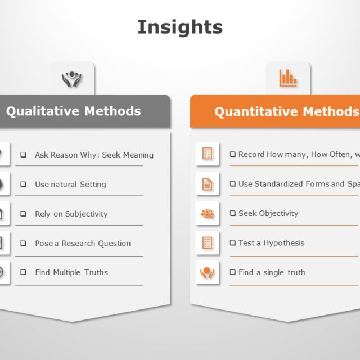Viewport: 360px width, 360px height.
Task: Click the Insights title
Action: click(180, 27)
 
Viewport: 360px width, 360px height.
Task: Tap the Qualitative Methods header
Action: click(74, 111)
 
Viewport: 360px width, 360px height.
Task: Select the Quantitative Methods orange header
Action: click(286, 111)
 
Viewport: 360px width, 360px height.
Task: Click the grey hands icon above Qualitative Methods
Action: click(72, 79)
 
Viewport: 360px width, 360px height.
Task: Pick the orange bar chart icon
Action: click(288, 78)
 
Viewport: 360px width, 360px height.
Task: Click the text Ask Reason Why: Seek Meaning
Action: click(94, 155)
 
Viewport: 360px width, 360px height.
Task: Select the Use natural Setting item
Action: click(70, 184)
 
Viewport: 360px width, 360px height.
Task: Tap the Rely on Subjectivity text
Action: click(71, 214)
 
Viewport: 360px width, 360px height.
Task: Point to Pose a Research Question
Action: click(83, 244)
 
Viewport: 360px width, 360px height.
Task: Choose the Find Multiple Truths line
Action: click(71, 272)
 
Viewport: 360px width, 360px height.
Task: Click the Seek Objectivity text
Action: click(268, 213)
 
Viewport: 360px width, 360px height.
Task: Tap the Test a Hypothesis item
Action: click(271, 243)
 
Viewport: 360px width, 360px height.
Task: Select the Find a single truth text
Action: click(272, 272)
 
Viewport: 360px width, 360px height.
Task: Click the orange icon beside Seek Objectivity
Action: click(207, 214)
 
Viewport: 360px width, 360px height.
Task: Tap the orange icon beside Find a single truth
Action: click(207, 273)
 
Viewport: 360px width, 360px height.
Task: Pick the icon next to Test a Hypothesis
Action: click(207, 243)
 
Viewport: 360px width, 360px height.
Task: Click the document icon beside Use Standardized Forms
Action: click(207, 184)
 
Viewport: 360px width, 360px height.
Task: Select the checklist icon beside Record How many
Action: click(207, 154)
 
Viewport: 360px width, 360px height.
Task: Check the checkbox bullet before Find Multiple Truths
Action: click(24, 272)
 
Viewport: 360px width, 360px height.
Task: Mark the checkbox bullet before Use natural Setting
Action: click(24, 184)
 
